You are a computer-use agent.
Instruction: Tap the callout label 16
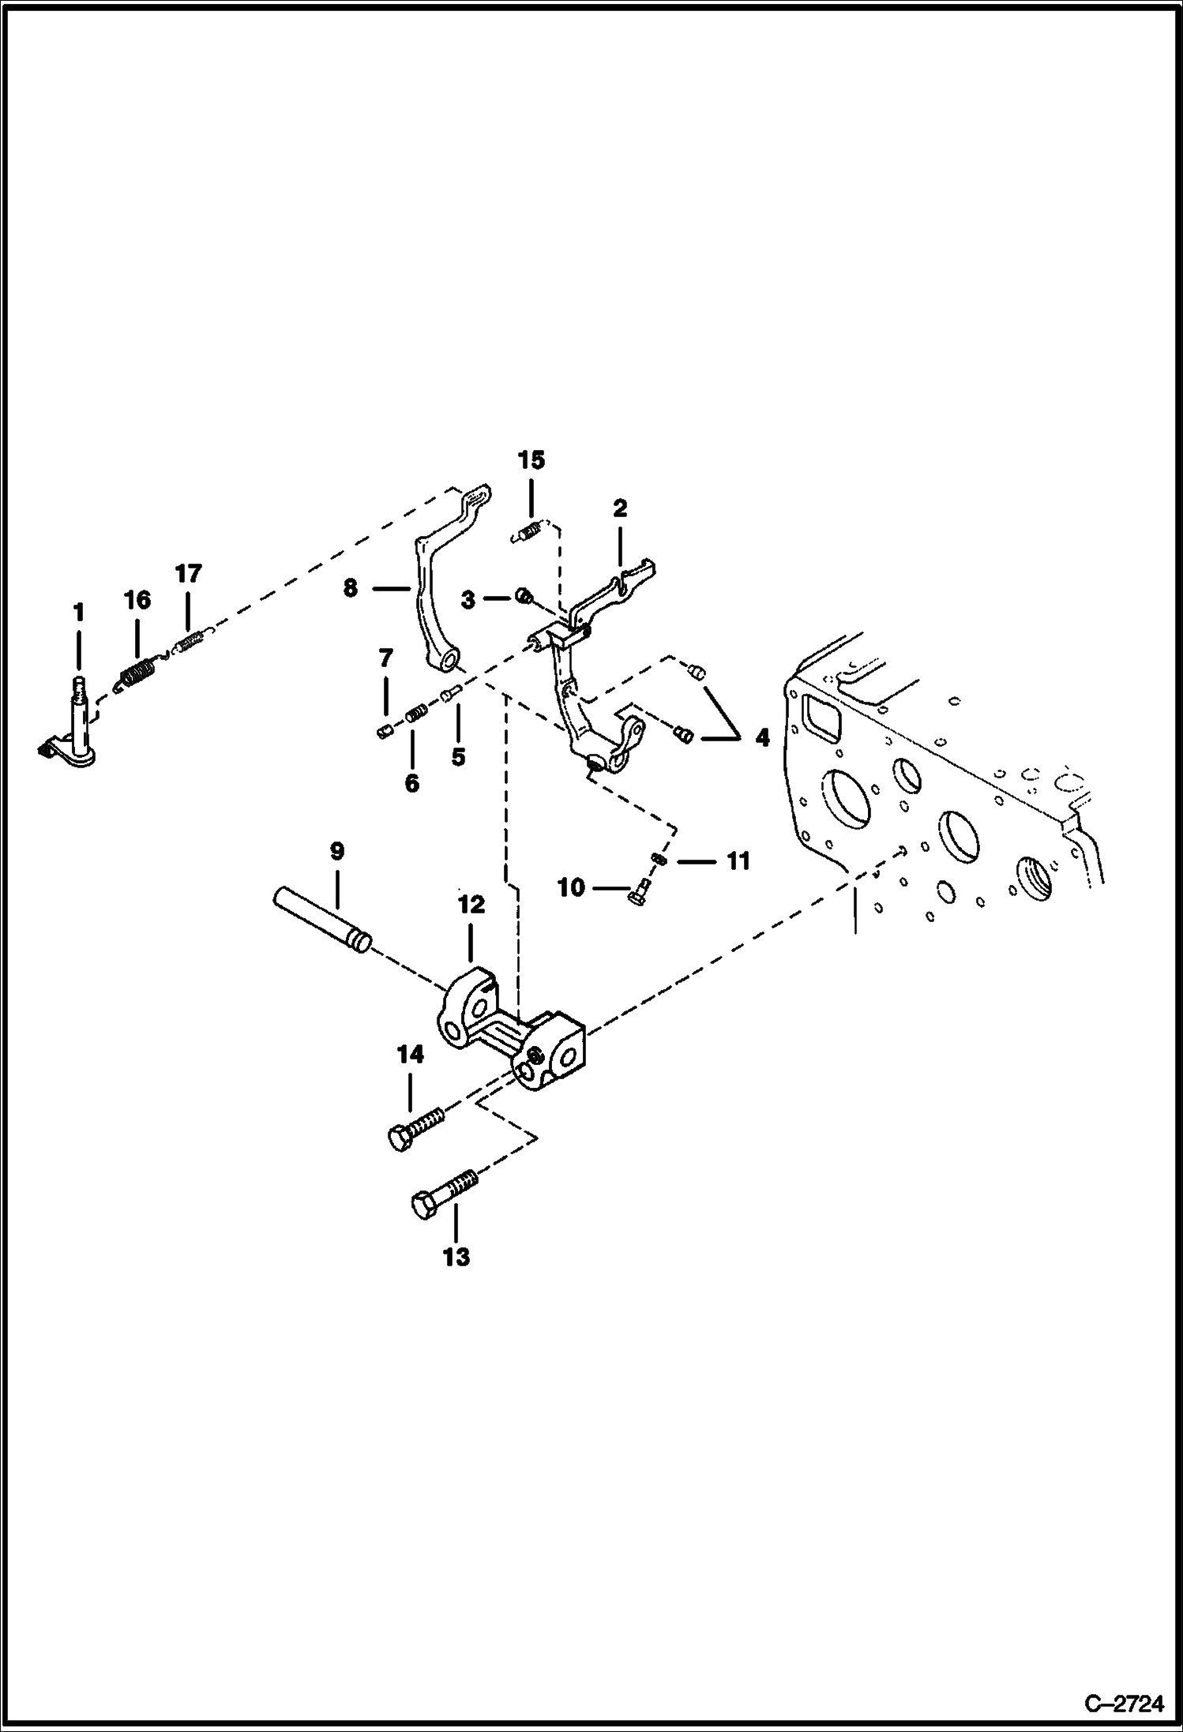[x=137, y=600]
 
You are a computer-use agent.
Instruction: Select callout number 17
[x=189, y=572]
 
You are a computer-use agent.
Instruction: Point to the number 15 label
[x=531, y=459]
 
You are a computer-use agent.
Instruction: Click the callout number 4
[x=761, y=738]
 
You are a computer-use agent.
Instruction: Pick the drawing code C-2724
[x=1124, y=1704]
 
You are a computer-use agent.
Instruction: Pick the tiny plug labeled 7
[x=385, y=733]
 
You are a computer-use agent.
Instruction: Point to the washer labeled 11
[x=658, y=859]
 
